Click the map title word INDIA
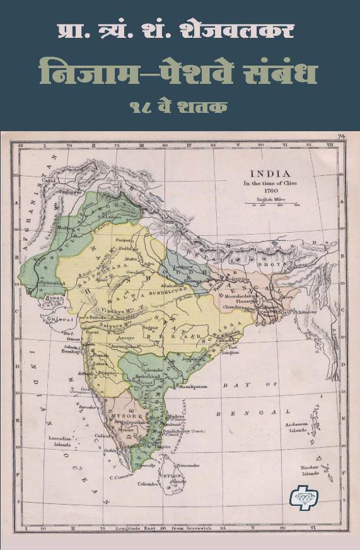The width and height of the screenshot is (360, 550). point(270,173)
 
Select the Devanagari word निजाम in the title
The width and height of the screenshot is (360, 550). point(85,73)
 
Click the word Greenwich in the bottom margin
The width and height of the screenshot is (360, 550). point(202,527)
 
